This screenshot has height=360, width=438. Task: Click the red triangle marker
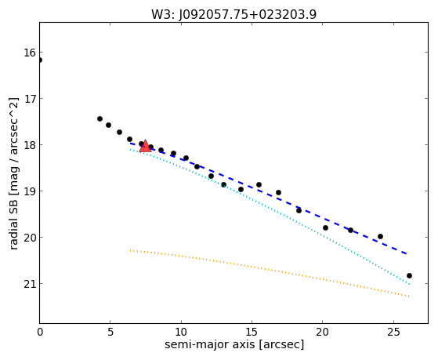coord(145,146)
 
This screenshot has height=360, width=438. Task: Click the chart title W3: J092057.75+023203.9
coord(234,15)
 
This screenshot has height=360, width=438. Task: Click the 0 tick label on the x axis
coord(40,332)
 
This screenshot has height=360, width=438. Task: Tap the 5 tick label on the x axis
coord(110,332)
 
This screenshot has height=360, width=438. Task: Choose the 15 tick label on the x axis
coord(252,332)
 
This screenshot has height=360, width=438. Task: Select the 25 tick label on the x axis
coord(393,332)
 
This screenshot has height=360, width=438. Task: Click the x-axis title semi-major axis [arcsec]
coord(234,344)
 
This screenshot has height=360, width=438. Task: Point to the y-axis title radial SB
coord(13,223)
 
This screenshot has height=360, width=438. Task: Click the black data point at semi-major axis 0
coord(40,60)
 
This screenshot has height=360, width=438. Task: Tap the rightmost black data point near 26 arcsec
coord(409,276)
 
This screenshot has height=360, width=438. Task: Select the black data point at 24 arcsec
coord(380,236)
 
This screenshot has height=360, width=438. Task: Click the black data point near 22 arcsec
coord(350,231)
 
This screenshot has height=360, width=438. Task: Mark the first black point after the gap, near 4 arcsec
coord(100,119)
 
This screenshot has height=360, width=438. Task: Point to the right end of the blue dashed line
coord(407,253)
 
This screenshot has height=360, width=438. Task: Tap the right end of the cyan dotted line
coord(410,284)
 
